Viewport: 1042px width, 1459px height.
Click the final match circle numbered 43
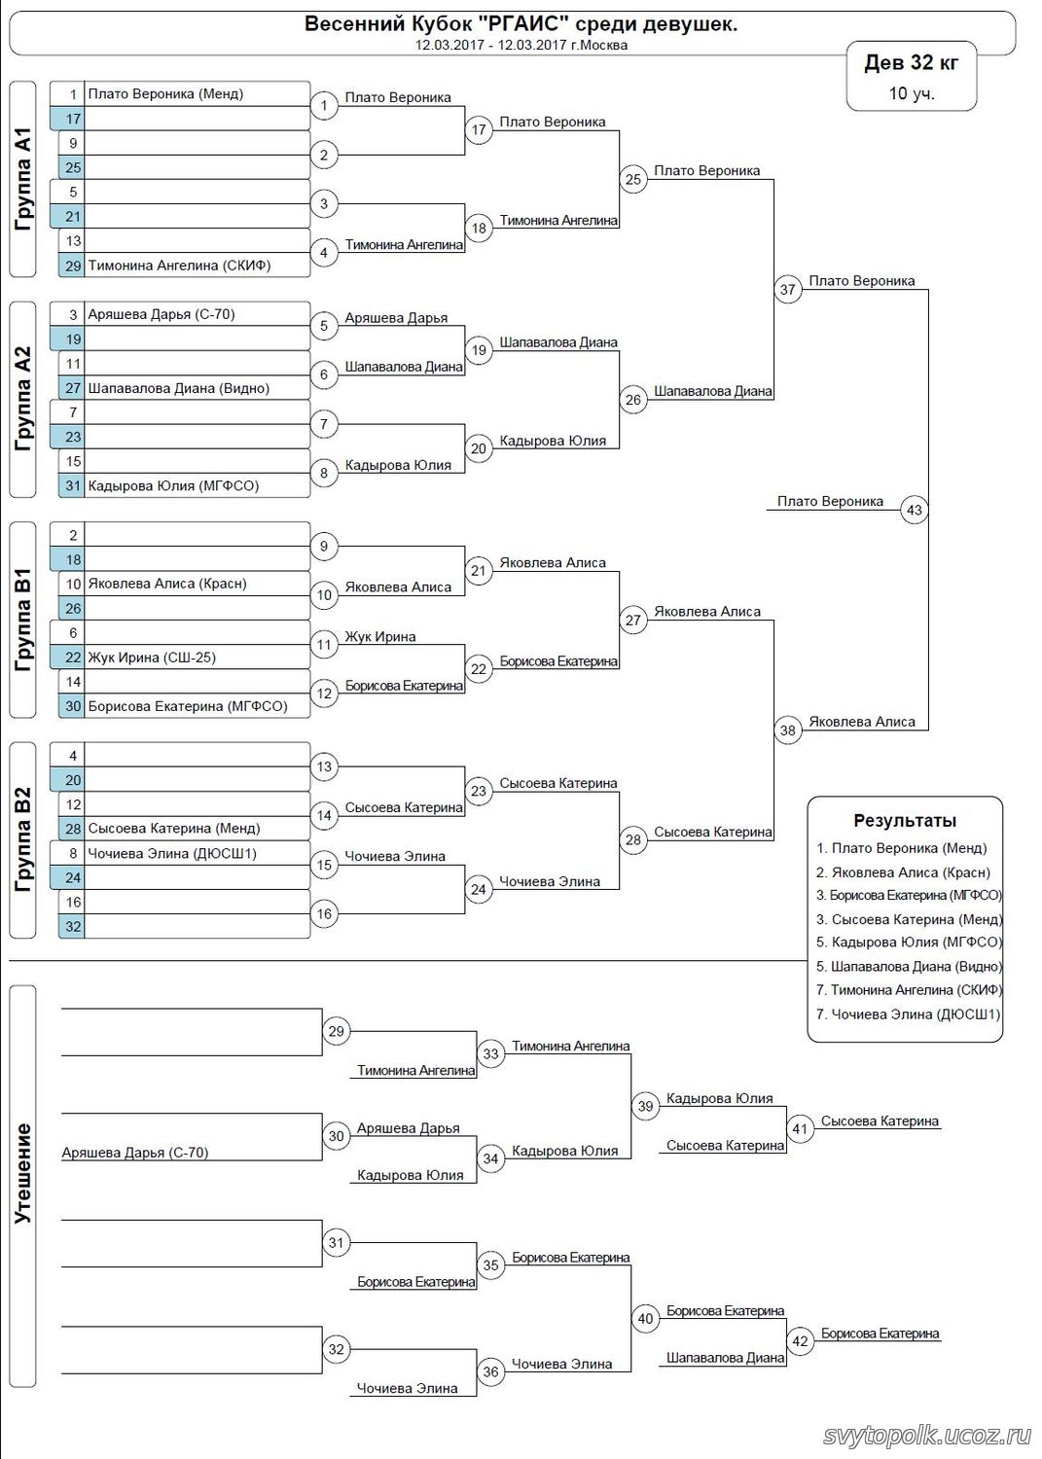[x=914, y=510]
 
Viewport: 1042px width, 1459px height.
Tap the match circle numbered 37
[x=787, y=289]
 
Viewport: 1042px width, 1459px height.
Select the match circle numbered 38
[x=787, y=730]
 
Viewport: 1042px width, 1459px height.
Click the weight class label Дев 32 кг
[x=911, y=63]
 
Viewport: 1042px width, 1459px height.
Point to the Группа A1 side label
[x=23, y=179]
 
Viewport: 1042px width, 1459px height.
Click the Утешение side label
[x=23, y=1173]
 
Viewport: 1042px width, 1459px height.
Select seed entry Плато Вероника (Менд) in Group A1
[x=165, y=94]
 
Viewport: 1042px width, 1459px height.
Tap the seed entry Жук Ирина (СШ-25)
[x=152, y=658]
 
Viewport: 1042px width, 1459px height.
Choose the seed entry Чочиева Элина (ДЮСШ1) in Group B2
[x=172, y=853]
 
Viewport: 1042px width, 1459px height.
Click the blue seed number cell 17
[x=72, y=119]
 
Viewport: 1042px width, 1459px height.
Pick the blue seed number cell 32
[x=72, y=927]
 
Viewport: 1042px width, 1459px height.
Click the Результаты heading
[x=905, y=821]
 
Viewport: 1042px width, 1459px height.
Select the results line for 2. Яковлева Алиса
[x=903, y=872]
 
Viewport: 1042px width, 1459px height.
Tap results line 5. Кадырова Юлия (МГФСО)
[x=908, y=942]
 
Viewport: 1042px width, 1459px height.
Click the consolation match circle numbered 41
[x=800, y=1129]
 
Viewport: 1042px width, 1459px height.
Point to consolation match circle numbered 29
[x=336, y=1031]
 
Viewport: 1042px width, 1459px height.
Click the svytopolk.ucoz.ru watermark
[x=926, y=1436]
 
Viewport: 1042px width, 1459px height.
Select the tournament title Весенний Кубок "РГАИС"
[x=521, y=24]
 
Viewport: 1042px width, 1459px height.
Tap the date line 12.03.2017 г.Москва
[x=521, y=45]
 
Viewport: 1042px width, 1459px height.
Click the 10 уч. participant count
[x=911, y=93]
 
